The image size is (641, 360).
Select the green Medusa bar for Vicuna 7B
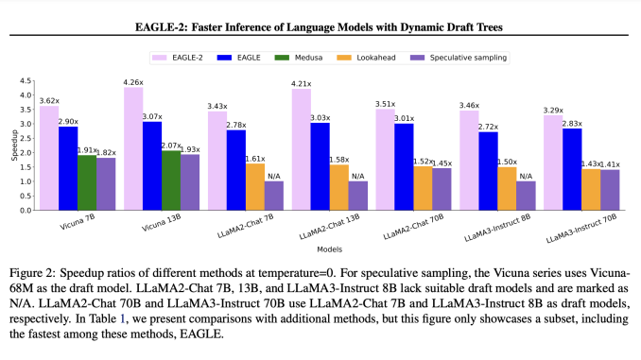(86, 182)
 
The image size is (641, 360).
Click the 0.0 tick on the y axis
(26, 210)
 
